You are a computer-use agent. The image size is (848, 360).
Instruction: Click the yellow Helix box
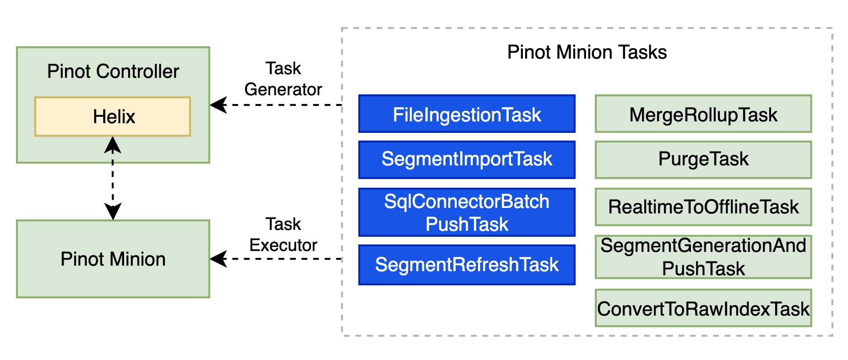pyautogui.click(x=113, y=116)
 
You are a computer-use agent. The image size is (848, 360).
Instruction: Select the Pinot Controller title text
pyautogui.click(x=113, y=71)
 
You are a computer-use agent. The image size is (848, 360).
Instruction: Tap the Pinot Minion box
pyautogui.click(x=113, y=259)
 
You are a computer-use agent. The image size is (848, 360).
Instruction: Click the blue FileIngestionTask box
pyautogui.click(x=467, y=114)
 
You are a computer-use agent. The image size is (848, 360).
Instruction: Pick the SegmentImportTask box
pyautogui.click(x=467, y=159)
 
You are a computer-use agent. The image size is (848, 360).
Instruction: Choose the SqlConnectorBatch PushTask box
pyautogui.click(x=467, y=213)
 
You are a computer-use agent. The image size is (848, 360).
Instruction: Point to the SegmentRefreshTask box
pyautogui.click(x=467, y=265)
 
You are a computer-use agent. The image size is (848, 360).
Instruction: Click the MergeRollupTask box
pyautogui.click(x=703, y=114)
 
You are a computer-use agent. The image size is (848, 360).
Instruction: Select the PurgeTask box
pyautogui.click(x=703, y=159)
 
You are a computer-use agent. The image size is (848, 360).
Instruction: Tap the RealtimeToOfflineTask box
pyautogui.click(x=703, y=207)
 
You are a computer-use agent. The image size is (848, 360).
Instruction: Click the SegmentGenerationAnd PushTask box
pyautogui.click(x=703, y=257)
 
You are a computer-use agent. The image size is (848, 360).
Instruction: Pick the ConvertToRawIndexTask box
pyautogui.click(x=703, y=308)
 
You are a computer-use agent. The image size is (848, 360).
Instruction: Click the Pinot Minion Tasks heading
pyautogui.click(x=587, y=52)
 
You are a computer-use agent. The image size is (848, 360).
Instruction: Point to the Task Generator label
pyautogui.click(x=283, y=79)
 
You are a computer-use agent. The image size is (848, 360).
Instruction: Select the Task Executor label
pyautogui.click(x=283, y=235)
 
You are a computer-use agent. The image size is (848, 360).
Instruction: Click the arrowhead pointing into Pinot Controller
pyautogui.click(x=218, y=105)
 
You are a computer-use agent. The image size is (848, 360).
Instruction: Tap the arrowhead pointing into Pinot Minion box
pyautogui.click(x=218, y=259)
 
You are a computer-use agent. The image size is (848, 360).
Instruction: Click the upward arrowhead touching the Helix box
pyautogui.click(x=113, y=144)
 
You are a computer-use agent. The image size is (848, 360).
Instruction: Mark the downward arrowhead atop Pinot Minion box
pyautogui.click(x=113, y=212)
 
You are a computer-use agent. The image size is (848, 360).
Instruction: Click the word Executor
pyautogui.click(x=283, y=245)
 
